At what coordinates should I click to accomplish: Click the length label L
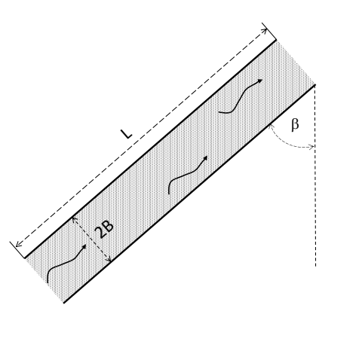(x=127, y=133)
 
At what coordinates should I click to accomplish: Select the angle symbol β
(x=295, y=125)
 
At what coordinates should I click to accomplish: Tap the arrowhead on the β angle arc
(x=311, y=148)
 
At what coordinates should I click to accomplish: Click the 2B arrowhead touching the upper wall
(x=74, y=219)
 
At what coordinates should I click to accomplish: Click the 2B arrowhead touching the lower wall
(x=110, y=261)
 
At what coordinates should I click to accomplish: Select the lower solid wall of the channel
(x=189, y=193)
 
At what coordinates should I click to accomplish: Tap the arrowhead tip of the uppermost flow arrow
(x=262, y=78)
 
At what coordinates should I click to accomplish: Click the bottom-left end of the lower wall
(x=64, y=303)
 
